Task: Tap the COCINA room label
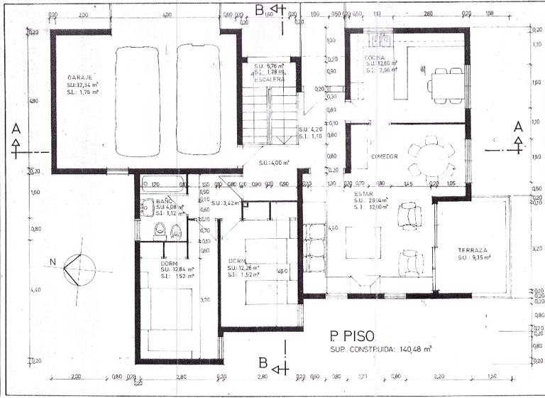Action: pos(375,58)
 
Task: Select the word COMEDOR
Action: pos(384,156)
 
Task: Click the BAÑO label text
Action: pos(165,201)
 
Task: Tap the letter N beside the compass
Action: pos(53,262)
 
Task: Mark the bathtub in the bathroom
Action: pos(160,184)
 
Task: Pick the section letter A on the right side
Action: pos(518,126)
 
